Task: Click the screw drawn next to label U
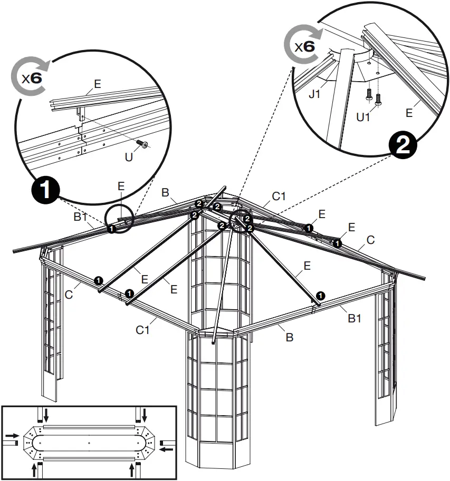pyautogui.click(x=141, y=144)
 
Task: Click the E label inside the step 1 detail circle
pyautogui.click(x=97, y=84)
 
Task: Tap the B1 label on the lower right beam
pyautogui.click(x=355, y=318)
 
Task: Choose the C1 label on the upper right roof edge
pyautogui.click(x=279, y=197)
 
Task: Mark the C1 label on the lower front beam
pyautogui.click(x=142, y=330)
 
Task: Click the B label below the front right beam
pyautogui.click(x=289, y=338)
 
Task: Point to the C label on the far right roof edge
pyautogui.click(x=370, y=240)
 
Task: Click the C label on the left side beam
pyautogui.click(x=69, y=294)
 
